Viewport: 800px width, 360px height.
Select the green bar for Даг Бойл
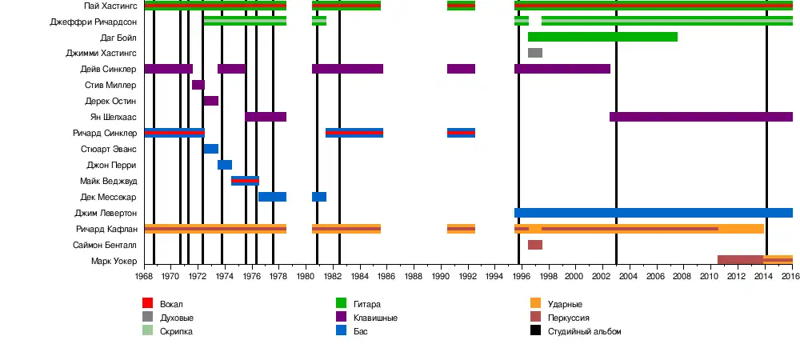coord(602,37)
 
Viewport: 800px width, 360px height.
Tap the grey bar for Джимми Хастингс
coord(535,53)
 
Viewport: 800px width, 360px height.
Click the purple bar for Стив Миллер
coord(198,85)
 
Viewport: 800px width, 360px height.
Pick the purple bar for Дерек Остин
coord(211,101)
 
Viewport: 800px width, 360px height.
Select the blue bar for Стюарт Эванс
coord(211,149)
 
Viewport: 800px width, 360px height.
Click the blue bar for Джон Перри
coord(225,165)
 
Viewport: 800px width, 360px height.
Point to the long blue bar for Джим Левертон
coord(653,213)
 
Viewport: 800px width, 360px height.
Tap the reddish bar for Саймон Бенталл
coord(535,245)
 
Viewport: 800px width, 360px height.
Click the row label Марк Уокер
coord(114,262)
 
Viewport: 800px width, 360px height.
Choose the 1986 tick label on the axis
coord(386,277)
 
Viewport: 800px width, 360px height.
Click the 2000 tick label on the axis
coord(575,277)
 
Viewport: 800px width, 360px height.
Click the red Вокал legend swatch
coord(147,303)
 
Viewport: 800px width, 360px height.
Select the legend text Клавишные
coord(375,317)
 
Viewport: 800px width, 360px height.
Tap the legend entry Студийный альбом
coord(584,330)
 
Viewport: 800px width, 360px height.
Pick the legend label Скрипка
coord(176,330)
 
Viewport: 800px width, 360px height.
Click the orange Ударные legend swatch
coord(535,303)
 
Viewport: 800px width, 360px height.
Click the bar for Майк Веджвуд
coord(245,181)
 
